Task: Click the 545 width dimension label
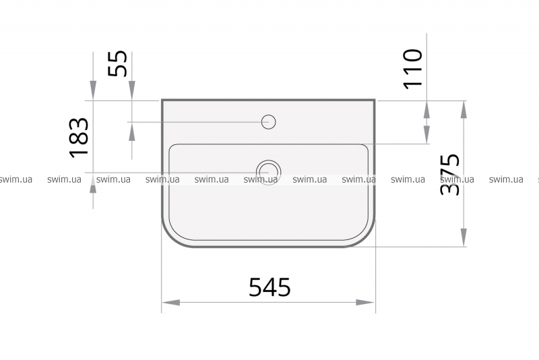[269, 287]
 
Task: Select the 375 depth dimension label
[450, 175]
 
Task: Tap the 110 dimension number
[412, 69]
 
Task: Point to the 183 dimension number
[80, 138]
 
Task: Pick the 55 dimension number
[117, 63]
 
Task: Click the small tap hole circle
[268, 122]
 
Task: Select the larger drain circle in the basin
[268, 173]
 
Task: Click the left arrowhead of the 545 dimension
[171, 303]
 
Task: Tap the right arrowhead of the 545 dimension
[365, 303]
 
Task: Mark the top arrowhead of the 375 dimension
[464, 110]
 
